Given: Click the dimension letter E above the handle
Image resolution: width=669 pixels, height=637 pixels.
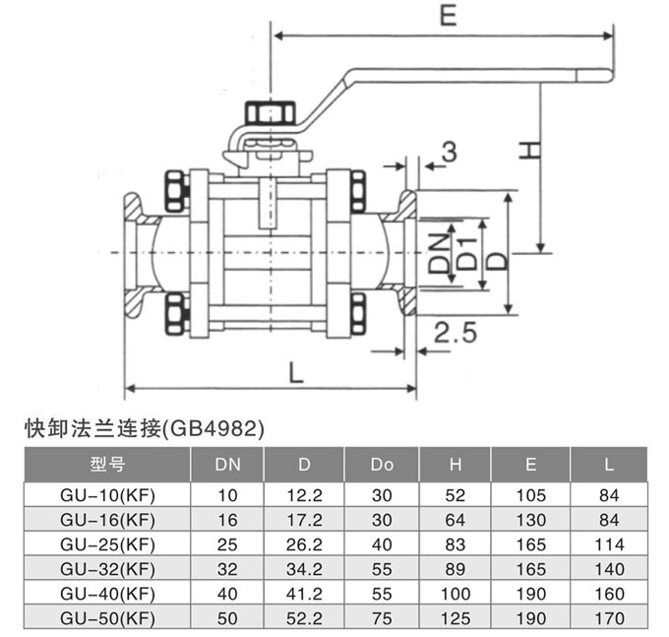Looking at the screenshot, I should pyautogui.click(x=448, y=16).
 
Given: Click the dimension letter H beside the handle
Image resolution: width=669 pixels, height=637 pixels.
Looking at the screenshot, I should pyautogui.click(x=528, y=150).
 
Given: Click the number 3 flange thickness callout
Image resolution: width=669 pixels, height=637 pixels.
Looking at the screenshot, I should pyautogui.click(x=450, y=152).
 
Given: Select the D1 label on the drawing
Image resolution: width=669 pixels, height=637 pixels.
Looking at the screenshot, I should pyautogui.click(x=469, y=252).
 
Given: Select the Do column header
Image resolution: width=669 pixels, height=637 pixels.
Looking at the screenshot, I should pyautogui.click(x=382, y=464).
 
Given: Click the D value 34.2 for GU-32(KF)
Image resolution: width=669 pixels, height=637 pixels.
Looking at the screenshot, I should pyautogui.click(x=305, y=568).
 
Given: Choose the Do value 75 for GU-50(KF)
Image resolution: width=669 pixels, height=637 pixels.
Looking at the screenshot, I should pyautogui.click(x=382, y=620).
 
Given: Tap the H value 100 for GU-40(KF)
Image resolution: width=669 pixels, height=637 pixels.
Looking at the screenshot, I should pyautogui.click(x=455, y=595).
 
